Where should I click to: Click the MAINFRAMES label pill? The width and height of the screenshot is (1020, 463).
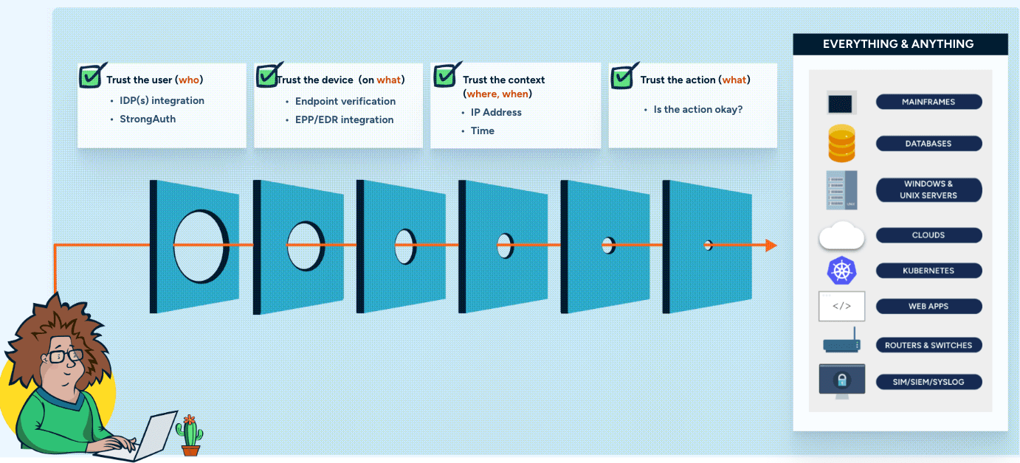pos(928,102)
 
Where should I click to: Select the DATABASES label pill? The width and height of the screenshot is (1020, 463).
pos(928,144)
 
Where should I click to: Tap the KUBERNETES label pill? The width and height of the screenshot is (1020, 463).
pos(928,271)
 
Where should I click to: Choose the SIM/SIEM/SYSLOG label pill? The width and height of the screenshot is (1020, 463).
pos(928,382)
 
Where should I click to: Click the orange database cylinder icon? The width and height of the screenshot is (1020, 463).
pos(841,144)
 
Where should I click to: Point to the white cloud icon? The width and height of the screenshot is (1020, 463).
pos(841,236)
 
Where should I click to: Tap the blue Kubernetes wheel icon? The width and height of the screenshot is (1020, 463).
pos(841,271)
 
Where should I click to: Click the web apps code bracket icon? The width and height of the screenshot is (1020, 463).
pos(841,306)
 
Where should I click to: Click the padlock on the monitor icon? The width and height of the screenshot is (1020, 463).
pos(841,380)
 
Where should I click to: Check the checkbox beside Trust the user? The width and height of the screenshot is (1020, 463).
pos(92,76)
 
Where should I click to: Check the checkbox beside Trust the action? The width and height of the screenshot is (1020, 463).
pos(623,76)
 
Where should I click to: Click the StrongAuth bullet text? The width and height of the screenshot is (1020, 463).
pos(148,119)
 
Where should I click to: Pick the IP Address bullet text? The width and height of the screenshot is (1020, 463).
pos(496,112)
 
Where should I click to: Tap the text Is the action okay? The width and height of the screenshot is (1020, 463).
pos(698,109)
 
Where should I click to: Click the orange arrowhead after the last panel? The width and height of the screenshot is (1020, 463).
pos(771,246)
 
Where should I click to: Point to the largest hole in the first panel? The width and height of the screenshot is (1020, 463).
pos(201,246)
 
